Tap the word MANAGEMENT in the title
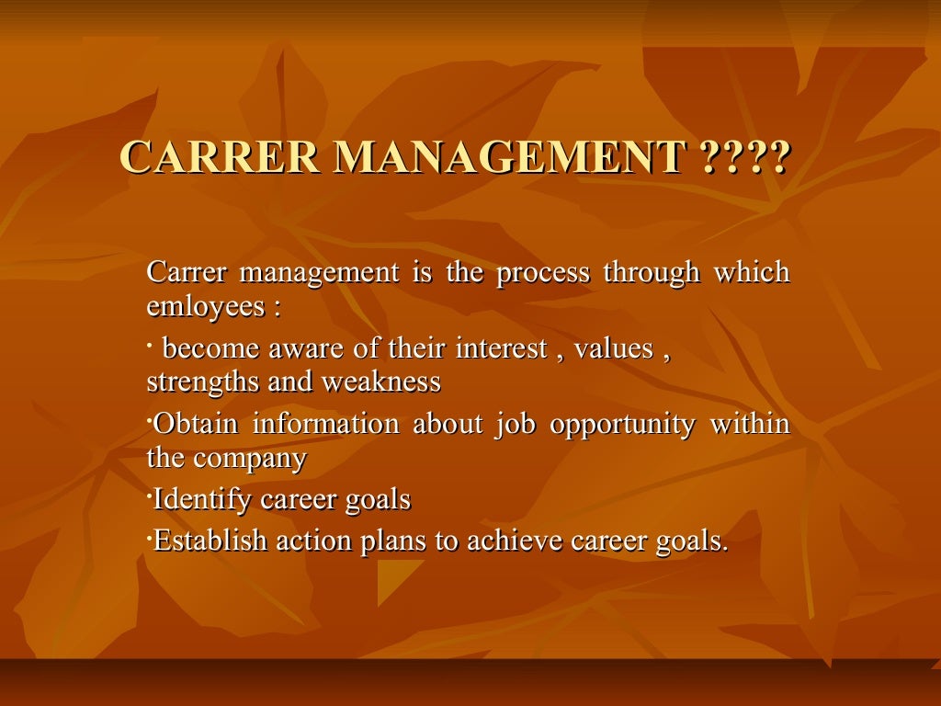click(x=511, y=157)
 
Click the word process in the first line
click(x=543, y=273)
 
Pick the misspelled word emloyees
click(x=206, y=306)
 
